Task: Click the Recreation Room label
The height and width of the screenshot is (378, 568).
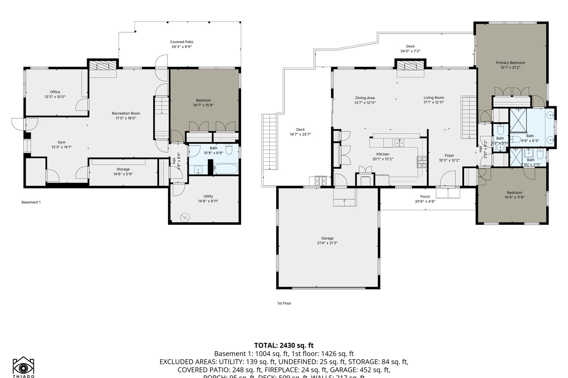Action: (x=126, y=113)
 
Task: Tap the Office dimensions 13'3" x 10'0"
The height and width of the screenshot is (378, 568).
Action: (x=55, y=97)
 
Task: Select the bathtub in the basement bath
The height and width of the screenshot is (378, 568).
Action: (x=225, y=169)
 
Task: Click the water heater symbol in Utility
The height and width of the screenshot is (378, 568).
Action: (x=185, y=217)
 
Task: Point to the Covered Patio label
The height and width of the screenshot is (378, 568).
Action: (x=181, y=42)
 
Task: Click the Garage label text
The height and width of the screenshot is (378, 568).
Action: (x=327, y=238)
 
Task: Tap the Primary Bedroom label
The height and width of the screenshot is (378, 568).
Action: (x=510, y=63)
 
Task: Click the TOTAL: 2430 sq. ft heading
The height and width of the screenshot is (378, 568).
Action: (x=284, y=345)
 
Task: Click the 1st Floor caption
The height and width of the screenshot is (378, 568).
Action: (x=284, y=303)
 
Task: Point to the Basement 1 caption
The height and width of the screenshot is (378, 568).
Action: (x=31, y=202)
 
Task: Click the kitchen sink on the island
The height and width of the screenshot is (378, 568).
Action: (x=399, y=143)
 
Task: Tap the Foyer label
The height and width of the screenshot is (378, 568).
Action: (x=449, y=156)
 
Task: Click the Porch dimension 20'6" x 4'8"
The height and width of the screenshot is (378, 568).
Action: (x=425, y=201)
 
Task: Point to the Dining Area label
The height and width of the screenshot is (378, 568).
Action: (x=365, y=98)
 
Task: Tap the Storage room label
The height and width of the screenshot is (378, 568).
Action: (x=123, y=169)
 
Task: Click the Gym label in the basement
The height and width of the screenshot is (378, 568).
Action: (x=62, y=142)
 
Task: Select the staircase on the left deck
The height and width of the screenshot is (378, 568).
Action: (x=269, y=142)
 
